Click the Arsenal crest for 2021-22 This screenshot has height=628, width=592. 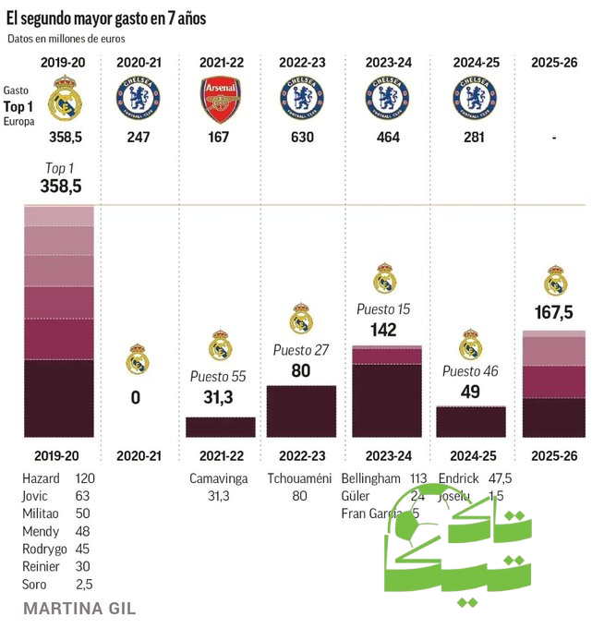pos(220,100)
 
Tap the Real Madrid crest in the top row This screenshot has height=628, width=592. pos(64,98)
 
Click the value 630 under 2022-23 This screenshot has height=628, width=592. pos(301,138)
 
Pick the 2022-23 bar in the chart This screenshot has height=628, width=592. pos(301,411)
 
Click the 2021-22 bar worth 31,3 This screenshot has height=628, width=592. pos(221,427)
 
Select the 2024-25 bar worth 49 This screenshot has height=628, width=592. pos(470,421)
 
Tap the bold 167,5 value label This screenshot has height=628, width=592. pos(554,313)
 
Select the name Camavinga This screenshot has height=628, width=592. pos(220,478)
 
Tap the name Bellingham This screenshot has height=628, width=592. pos(370,478)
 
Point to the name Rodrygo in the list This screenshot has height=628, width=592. pos(43,549)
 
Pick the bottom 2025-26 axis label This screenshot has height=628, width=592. pos(554,455)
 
